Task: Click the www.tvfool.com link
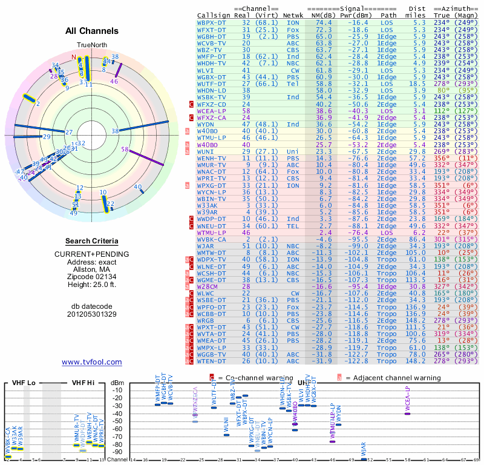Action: (x=92, y=362)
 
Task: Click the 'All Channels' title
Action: (x=92, y=30)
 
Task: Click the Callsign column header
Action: (x=214, y=15)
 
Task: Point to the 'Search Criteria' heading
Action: (x=92, y=241)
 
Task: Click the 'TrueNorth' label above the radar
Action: (x=91, y=46)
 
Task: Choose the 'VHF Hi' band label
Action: (x=83, y=383)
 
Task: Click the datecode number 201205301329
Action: (x=92, y=314)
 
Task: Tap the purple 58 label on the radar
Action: (x=125, y=149)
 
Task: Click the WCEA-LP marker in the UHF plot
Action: (x=407, y=414)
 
